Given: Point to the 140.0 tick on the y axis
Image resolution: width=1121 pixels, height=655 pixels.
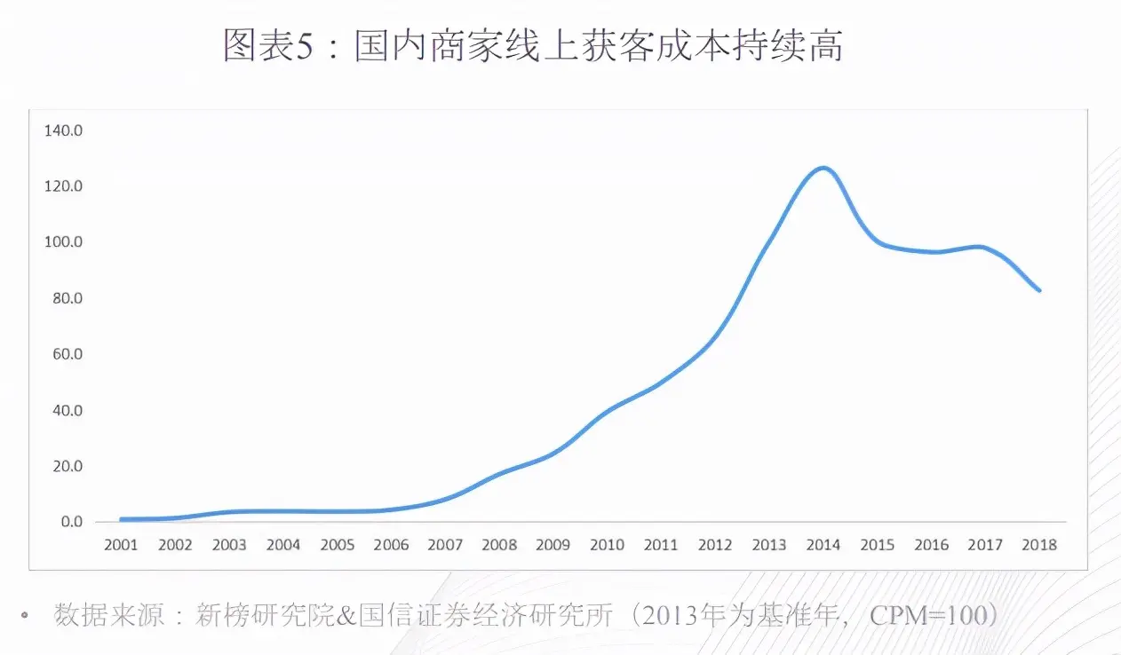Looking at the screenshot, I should click(x=62, y=130).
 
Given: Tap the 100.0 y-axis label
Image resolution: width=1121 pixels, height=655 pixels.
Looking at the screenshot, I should click(x=62, y=242).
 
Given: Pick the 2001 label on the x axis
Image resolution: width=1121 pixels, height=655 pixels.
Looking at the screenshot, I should click(x=121, y=544).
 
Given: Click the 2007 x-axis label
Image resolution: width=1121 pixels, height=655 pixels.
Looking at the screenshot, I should click(x=445, y=544).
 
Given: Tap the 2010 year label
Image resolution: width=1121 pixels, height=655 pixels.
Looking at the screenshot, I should click(x=608, y=544).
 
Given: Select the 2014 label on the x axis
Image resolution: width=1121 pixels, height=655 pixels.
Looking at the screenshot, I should click(x=823, y=544).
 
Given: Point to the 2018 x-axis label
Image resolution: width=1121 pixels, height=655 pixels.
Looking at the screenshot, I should click(x=1039, y=544).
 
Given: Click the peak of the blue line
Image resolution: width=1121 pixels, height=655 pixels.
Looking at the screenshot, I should click(x=823, y=168).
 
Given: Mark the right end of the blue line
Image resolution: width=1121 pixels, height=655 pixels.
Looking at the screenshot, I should click(x=1039, y=290).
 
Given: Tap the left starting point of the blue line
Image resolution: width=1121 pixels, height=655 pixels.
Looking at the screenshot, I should click(x=121, y=519).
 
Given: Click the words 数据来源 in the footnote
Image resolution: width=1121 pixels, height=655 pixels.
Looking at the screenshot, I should click(x=109, y=615).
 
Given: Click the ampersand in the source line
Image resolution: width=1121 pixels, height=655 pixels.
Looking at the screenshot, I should click(x=347, y=615).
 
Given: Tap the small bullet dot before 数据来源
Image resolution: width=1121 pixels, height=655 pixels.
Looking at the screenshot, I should click(x=26, y=613).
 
